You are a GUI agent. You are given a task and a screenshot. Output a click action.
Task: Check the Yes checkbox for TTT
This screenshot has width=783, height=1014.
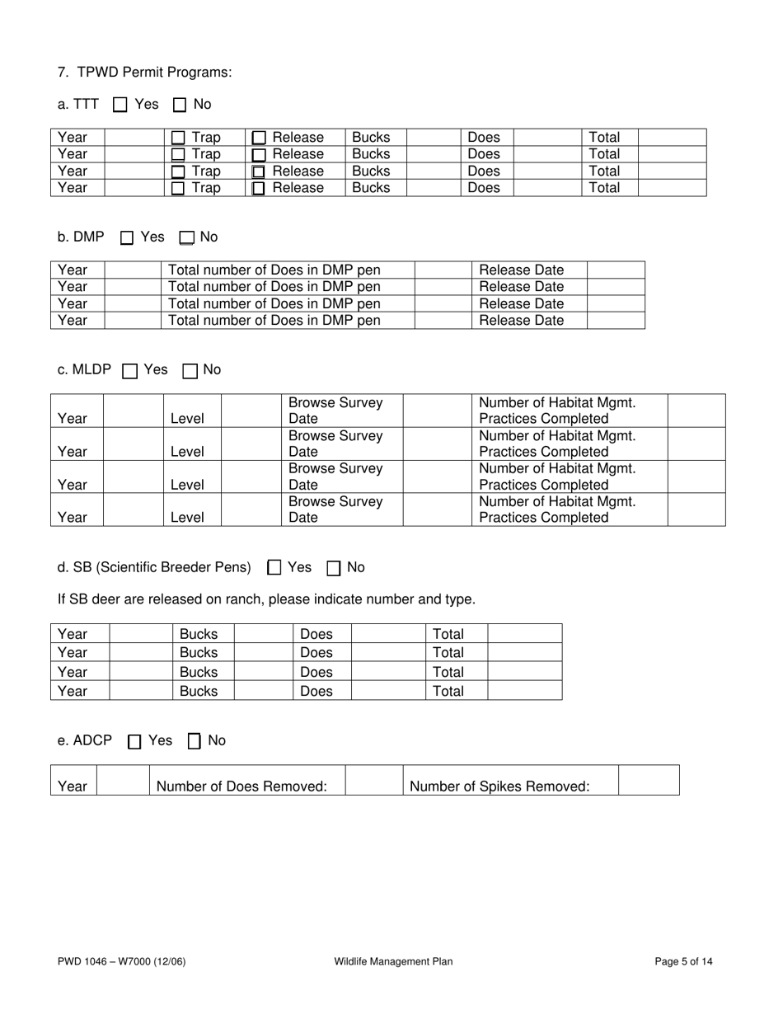[120, 105]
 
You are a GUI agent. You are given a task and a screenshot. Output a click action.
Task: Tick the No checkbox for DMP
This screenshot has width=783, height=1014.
[186, 238]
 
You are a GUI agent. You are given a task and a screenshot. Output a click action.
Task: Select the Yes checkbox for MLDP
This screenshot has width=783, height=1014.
[129, 371]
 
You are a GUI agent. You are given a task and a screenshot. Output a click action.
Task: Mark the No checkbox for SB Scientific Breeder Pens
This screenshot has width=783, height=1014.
[335, 568]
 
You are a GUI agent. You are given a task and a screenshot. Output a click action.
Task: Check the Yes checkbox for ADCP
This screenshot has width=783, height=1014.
[135, 742]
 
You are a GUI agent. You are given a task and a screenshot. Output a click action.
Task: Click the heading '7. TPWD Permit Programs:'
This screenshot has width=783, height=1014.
[144, 73]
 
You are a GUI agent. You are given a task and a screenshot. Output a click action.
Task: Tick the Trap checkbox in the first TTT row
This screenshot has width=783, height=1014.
[178, 138]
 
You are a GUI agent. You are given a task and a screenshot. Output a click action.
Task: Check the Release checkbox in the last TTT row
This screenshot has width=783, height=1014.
[259, 189]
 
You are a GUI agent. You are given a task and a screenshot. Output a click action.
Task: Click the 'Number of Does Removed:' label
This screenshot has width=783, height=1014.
[241, 786]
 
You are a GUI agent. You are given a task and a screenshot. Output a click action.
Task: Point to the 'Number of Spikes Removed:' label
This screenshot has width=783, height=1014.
[499, 786]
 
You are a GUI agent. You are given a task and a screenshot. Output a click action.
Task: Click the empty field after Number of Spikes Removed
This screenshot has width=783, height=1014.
[648, 781]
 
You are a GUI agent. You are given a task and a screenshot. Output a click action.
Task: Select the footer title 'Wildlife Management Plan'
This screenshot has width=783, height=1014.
[393, 961]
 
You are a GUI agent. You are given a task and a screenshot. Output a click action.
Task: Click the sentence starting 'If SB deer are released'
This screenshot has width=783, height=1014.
[266, 599]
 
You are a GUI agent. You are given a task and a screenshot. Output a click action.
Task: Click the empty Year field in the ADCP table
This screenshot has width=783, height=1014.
[122, 781]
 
